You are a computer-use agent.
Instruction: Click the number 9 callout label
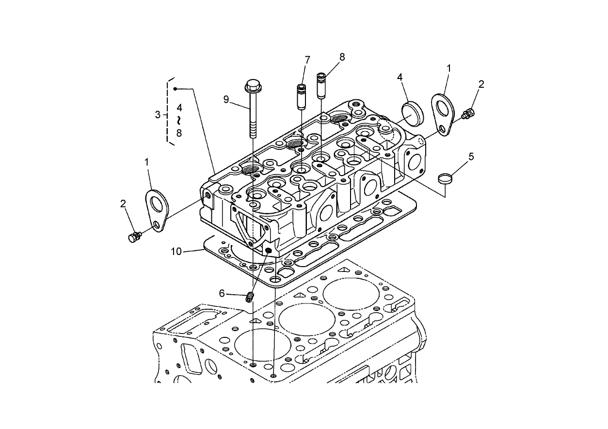click(226, 99)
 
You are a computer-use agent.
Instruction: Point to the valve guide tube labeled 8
click(321, 85)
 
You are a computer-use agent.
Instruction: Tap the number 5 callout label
click(471, 157)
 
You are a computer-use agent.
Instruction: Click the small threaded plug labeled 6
click(250, 296)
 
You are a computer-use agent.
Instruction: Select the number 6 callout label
click(222, 293)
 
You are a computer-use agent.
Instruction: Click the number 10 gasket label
click(176, 251)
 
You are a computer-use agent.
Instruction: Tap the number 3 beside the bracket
click(157, 115)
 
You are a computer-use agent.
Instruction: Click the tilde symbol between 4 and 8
click(179, 119)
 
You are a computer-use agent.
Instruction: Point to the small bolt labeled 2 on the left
click(134, 237)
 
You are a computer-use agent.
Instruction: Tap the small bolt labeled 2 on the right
click(468, 114)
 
